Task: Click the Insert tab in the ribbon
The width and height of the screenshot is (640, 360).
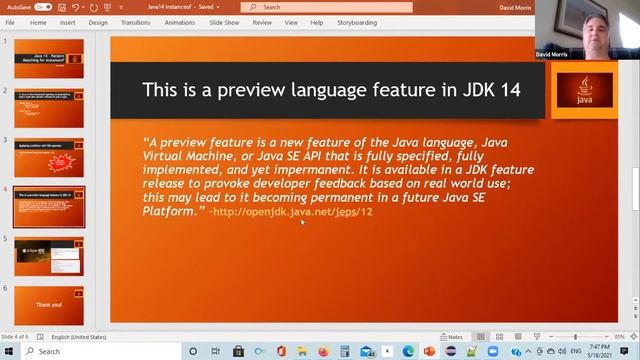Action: coord(67,21)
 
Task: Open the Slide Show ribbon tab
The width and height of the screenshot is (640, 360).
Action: coord(224,21)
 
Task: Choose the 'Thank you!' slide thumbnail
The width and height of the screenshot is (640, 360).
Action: coord(49,303)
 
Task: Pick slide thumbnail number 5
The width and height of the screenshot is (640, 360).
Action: coord(49,254)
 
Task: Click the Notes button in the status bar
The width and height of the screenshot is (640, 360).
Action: coord(452,337)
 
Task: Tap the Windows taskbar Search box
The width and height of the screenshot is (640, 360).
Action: coord(100,351)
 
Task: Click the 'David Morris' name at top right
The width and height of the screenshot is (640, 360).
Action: coord(552,54)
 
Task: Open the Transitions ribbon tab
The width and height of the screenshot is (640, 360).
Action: coord(135,21)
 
